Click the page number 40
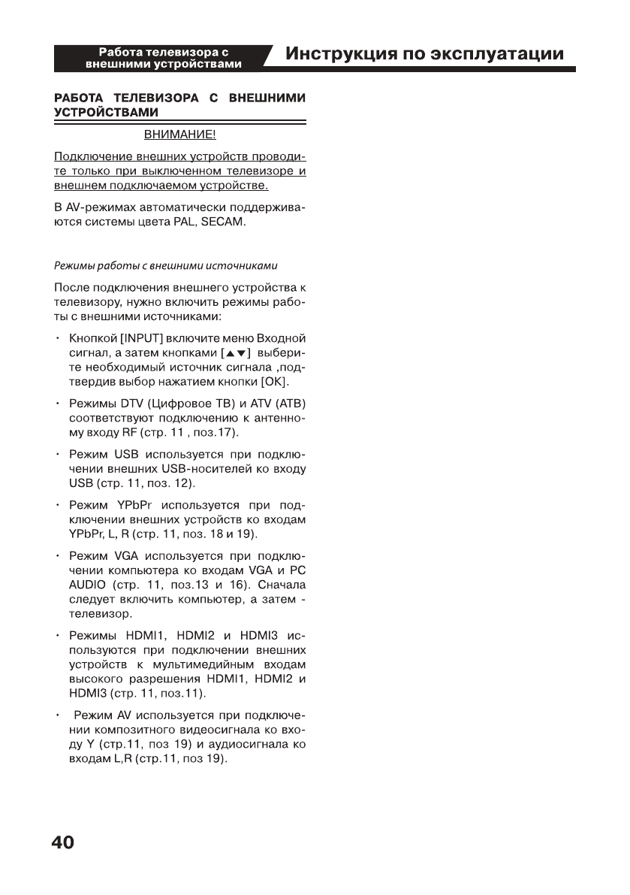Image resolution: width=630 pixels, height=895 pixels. click(x=63, y=842)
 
